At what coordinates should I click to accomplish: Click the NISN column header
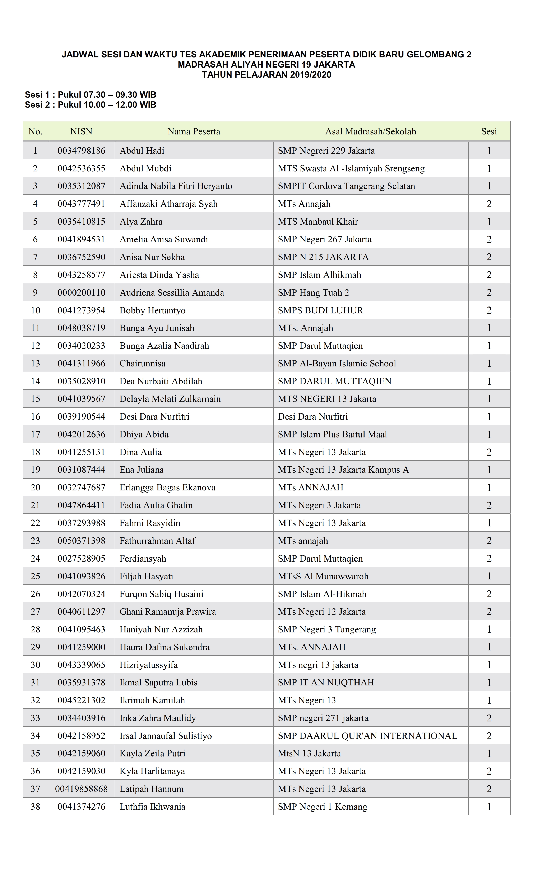81,131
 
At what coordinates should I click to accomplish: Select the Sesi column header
489,131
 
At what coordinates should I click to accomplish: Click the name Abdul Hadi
142,151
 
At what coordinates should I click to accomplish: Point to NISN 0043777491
81,204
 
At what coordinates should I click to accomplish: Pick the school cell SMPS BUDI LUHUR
320,310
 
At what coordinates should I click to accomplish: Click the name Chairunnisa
143,364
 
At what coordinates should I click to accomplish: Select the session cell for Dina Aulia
489,452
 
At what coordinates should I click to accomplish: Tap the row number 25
35,576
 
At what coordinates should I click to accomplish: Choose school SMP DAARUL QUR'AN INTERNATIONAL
367,736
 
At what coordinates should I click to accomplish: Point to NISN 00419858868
81,789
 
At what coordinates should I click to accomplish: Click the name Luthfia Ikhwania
153,807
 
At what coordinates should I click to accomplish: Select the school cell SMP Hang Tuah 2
314,292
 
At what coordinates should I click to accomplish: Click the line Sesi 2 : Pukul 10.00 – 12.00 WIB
91,105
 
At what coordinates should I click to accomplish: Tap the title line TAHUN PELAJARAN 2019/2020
266,75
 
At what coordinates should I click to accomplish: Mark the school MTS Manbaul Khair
318,222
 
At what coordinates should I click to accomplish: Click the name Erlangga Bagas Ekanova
167,487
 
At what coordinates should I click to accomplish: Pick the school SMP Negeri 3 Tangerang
327,629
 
